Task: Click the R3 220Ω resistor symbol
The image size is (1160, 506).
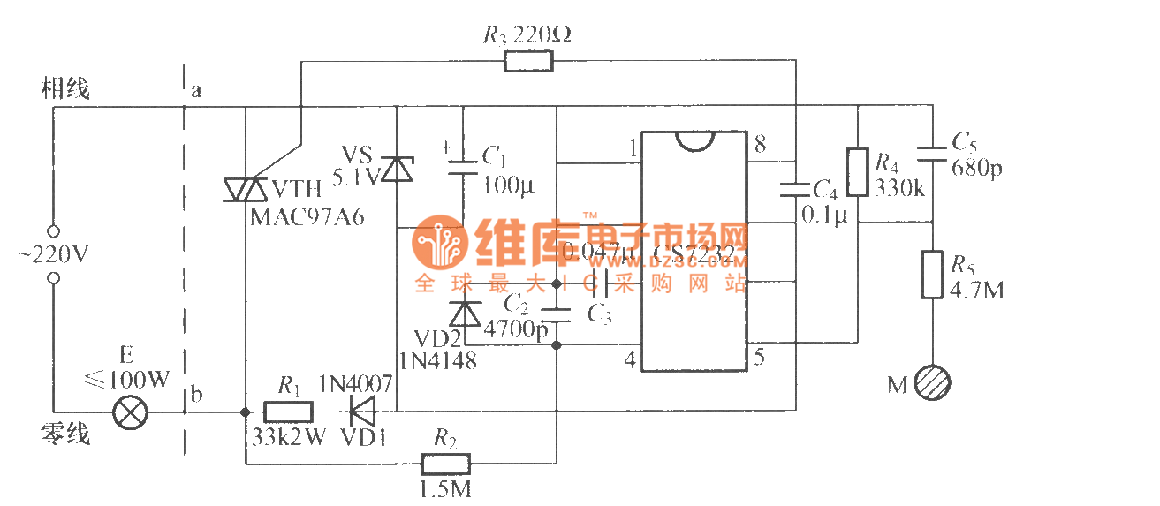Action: [x=528, y=61]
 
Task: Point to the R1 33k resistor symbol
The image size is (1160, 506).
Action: [x=290, y=412]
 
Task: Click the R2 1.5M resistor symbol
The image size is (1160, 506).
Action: [x=445, y=463]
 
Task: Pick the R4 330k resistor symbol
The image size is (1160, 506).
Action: [x=857, y=172]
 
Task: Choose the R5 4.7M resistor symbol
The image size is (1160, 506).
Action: [x=933, y=275]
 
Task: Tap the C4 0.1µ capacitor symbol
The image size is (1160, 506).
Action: [x=795, y=186]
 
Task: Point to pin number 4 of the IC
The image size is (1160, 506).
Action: [x=629, y=360]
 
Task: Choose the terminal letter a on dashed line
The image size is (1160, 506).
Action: [x=196, y=90]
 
